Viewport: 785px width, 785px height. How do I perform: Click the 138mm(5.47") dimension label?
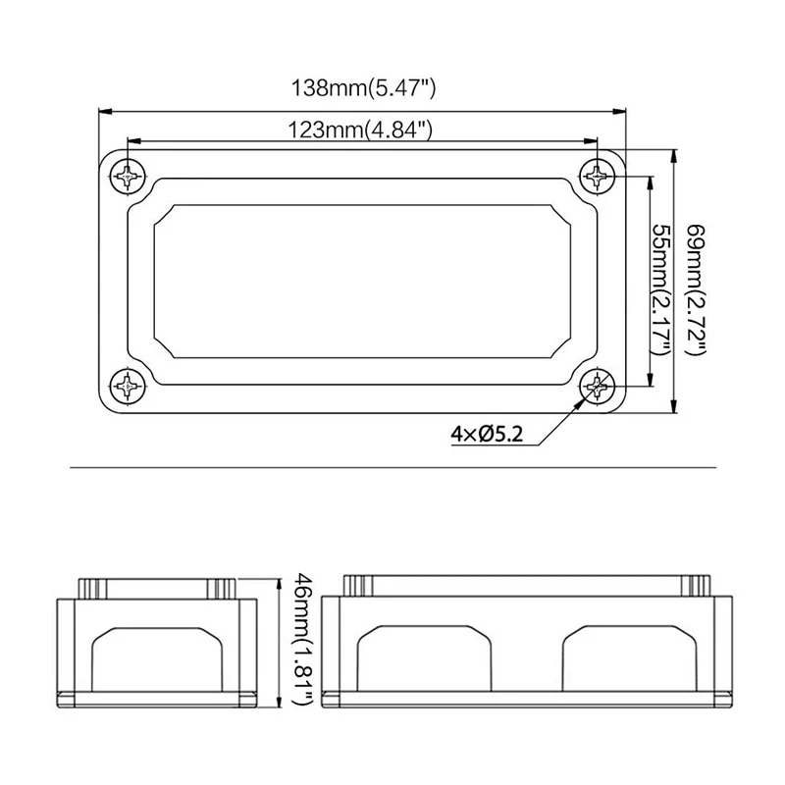(363, 88)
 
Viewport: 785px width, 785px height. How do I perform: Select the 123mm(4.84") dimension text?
(359, 131)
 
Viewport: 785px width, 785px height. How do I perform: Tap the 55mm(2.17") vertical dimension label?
(660, 288)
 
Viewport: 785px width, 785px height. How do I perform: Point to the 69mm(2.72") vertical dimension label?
(696, 289)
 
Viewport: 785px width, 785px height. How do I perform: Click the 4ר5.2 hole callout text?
(487, 434)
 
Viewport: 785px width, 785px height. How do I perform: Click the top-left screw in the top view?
(128, 177)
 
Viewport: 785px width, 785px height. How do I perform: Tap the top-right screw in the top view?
(597, 177)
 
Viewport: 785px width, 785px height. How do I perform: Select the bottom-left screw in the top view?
(128, 386)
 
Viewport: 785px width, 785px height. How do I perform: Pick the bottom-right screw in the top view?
(597, 386)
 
